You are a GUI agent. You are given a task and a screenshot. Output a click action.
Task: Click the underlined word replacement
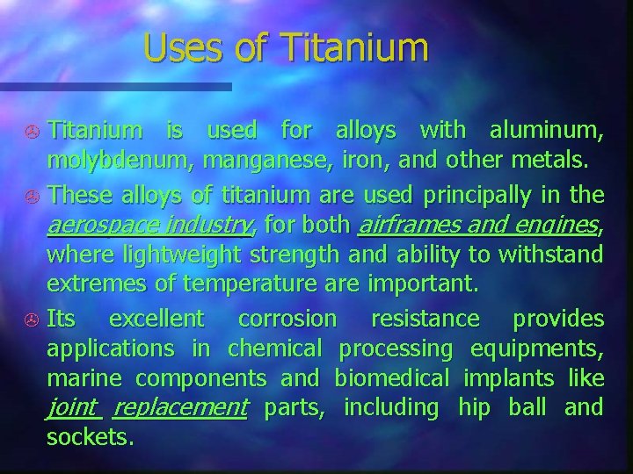(180, 407)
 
